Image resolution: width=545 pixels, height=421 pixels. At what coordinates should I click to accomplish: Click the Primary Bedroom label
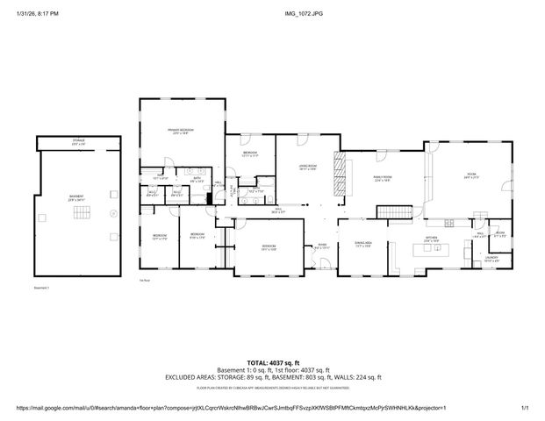pyautogui.click(x=182, y=131)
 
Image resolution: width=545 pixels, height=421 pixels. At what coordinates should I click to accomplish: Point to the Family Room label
pyautogui.click(x=382, y=178)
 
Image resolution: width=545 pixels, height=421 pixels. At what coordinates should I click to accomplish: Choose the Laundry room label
pyautogui.click(x=491, y=259)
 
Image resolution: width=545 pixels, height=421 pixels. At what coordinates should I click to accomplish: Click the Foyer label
pyautogui.click(x=323, y=246)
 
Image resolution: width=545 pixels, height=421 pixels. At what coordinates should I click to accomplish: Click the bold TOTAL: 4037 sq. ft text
pyautogui.click(x=272, y=362)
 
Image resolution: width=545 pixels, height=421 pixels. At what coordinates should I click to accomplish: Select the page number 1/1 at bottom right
pyautogui.click(x=525, y=408)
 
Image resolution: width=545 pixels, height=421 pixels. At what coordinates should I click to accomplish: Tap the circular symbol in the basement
pyautogui.click(x=111, y=212)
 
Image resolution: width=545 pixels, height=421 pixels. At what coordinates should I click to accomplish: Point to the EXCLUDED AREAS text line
pyautogui.click(x=272, y=376)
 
